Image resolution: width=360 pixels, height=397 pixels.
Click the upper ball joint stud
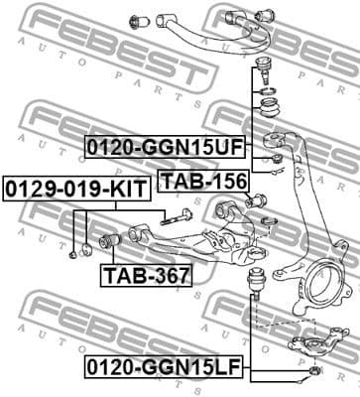click(265, 71)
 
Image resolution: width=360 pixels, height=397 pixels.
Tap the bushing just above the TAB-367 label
click(112, 241)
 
